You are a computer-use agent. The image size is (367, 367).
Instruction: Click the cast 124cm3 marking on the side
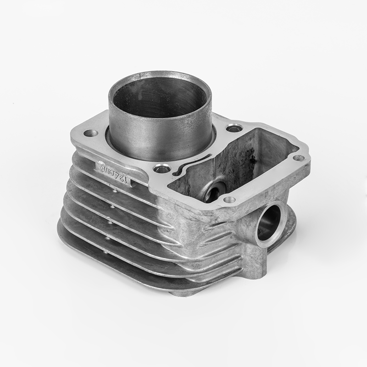pyautogui.click(x=113, y=173)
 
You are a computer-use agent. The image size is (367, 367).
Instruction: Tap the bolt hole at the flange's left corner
pyautogui.click(x=91, y=133)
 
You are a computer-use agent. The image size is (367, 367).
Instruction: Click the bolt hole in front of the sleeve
pyautogui.click(x=161, y=169)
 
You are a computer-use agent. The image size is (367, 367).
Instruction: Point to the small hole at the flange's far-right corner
pyautogui.click(x=298, y=158)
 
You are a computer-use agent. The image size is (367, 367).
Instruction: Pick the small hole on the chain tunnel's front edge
pyautogui.click(x=229, y=200)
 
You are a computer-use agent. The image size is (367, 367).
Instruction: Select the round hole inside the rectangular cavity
pyautogui.click(x=213, y=190)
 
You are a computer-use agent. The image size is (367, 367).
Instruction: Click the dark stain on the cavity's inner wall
pyautogui.click(x=251, y=158)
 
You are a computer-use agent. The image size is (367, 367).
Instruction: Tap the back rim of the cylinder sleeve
pyautogui.click(x=161, y=73)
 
